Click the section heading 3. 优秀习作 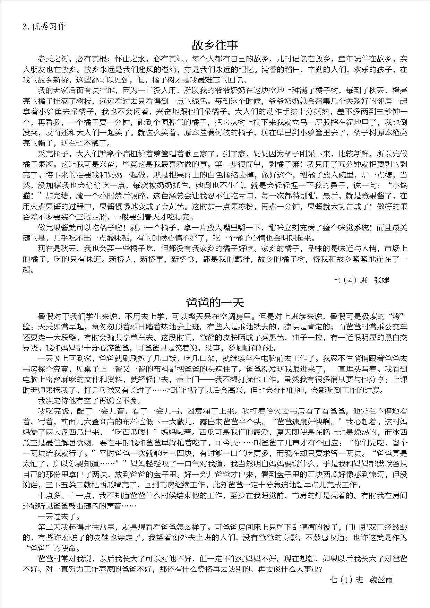coord(44,27)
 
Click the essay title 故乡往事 coord(215,45)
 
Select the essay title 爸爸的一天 coord(215,302)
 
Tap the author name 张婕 coord(382,280)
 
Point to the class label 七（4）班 coord(350,280)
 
